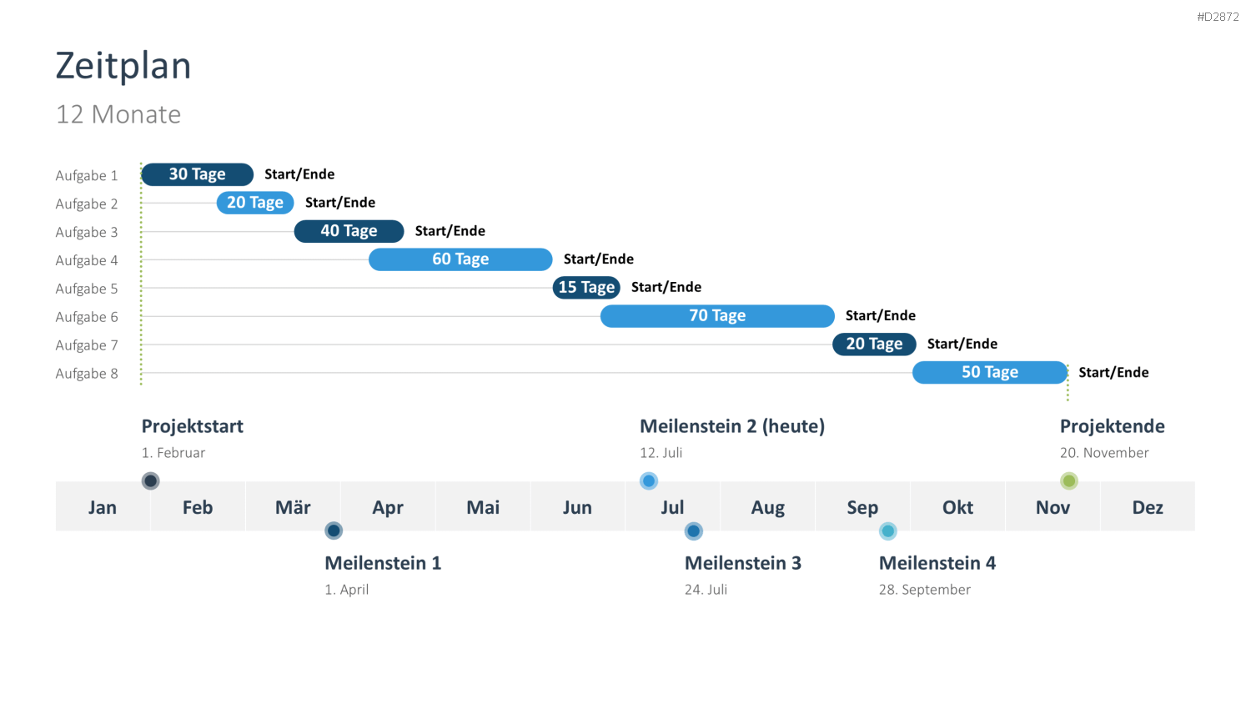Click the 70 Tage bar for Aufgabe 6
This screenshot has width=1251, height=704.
coord(717,315)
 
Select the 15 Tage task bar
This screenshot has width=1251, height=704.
coord(586,287)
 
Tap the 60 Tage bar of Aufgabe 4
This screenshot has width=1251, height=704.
coord(460,259)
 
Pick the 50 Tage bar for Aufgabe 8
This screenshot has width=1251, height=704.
coord(990,372)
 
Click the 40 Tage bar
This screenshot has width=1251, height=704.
coord(349,231)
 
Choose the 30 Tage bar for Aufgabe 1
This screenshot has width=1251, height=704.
coord(197,174)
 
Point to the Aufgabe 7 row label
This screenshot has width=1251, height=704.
coord(87,345)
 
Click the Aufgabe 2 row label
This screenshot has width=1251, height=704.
coord(87,204)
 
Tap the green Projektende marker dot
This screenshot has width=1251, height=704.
coord(1069,480)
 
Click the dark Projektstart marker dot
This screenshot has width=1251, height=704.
coord(150,480)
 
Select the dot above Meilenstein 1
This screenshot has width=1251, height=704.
coord(334,531)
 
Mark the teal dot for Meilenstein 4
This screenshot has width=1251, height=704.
coord(888,531)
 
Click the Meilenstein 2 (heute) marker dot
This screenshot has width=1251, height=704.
coord(648,480)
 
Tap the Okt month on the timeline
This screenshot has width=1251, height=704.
coord(957,507)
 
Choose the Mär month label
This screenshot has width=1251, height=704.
coord(293,507)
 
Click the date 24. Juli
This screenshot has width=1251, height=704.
coord(706,590)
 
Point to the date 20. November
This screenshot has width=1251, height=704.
coord(1104,453)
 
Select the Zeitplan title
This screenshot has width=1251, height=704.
coord(123,66)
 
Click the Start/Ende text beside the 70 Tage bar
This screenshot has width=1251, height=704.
coord(880,315)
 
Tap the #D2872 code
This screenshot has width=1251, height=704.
coord(1218,17)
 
